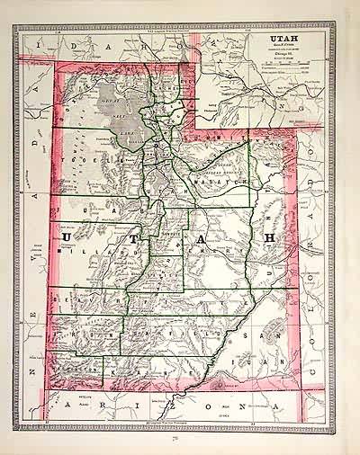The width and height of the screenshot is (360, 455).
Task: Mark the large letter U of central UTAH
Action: [70, 237]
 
